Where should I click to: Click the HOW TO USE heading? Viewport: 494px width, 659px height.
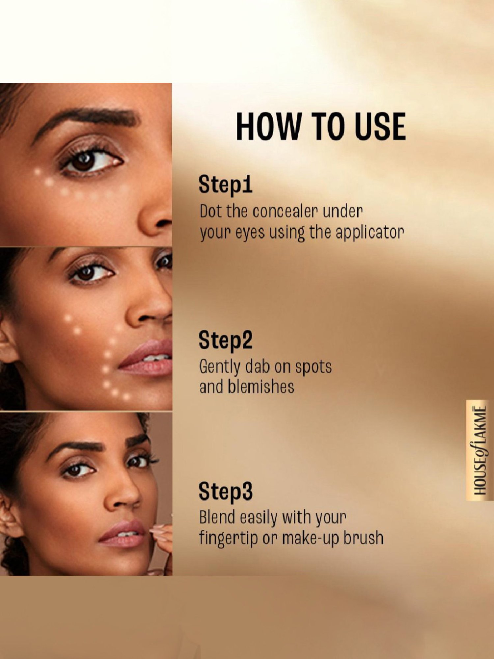(x=321, y=126)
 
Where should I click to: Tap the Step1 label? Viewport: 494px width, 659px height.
(x=225, y=185)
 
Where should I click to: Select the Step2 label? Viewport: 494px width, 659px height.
(x=225, y=340)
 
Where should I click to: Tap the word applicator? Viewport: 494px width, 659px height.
(x=370, y=233)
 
